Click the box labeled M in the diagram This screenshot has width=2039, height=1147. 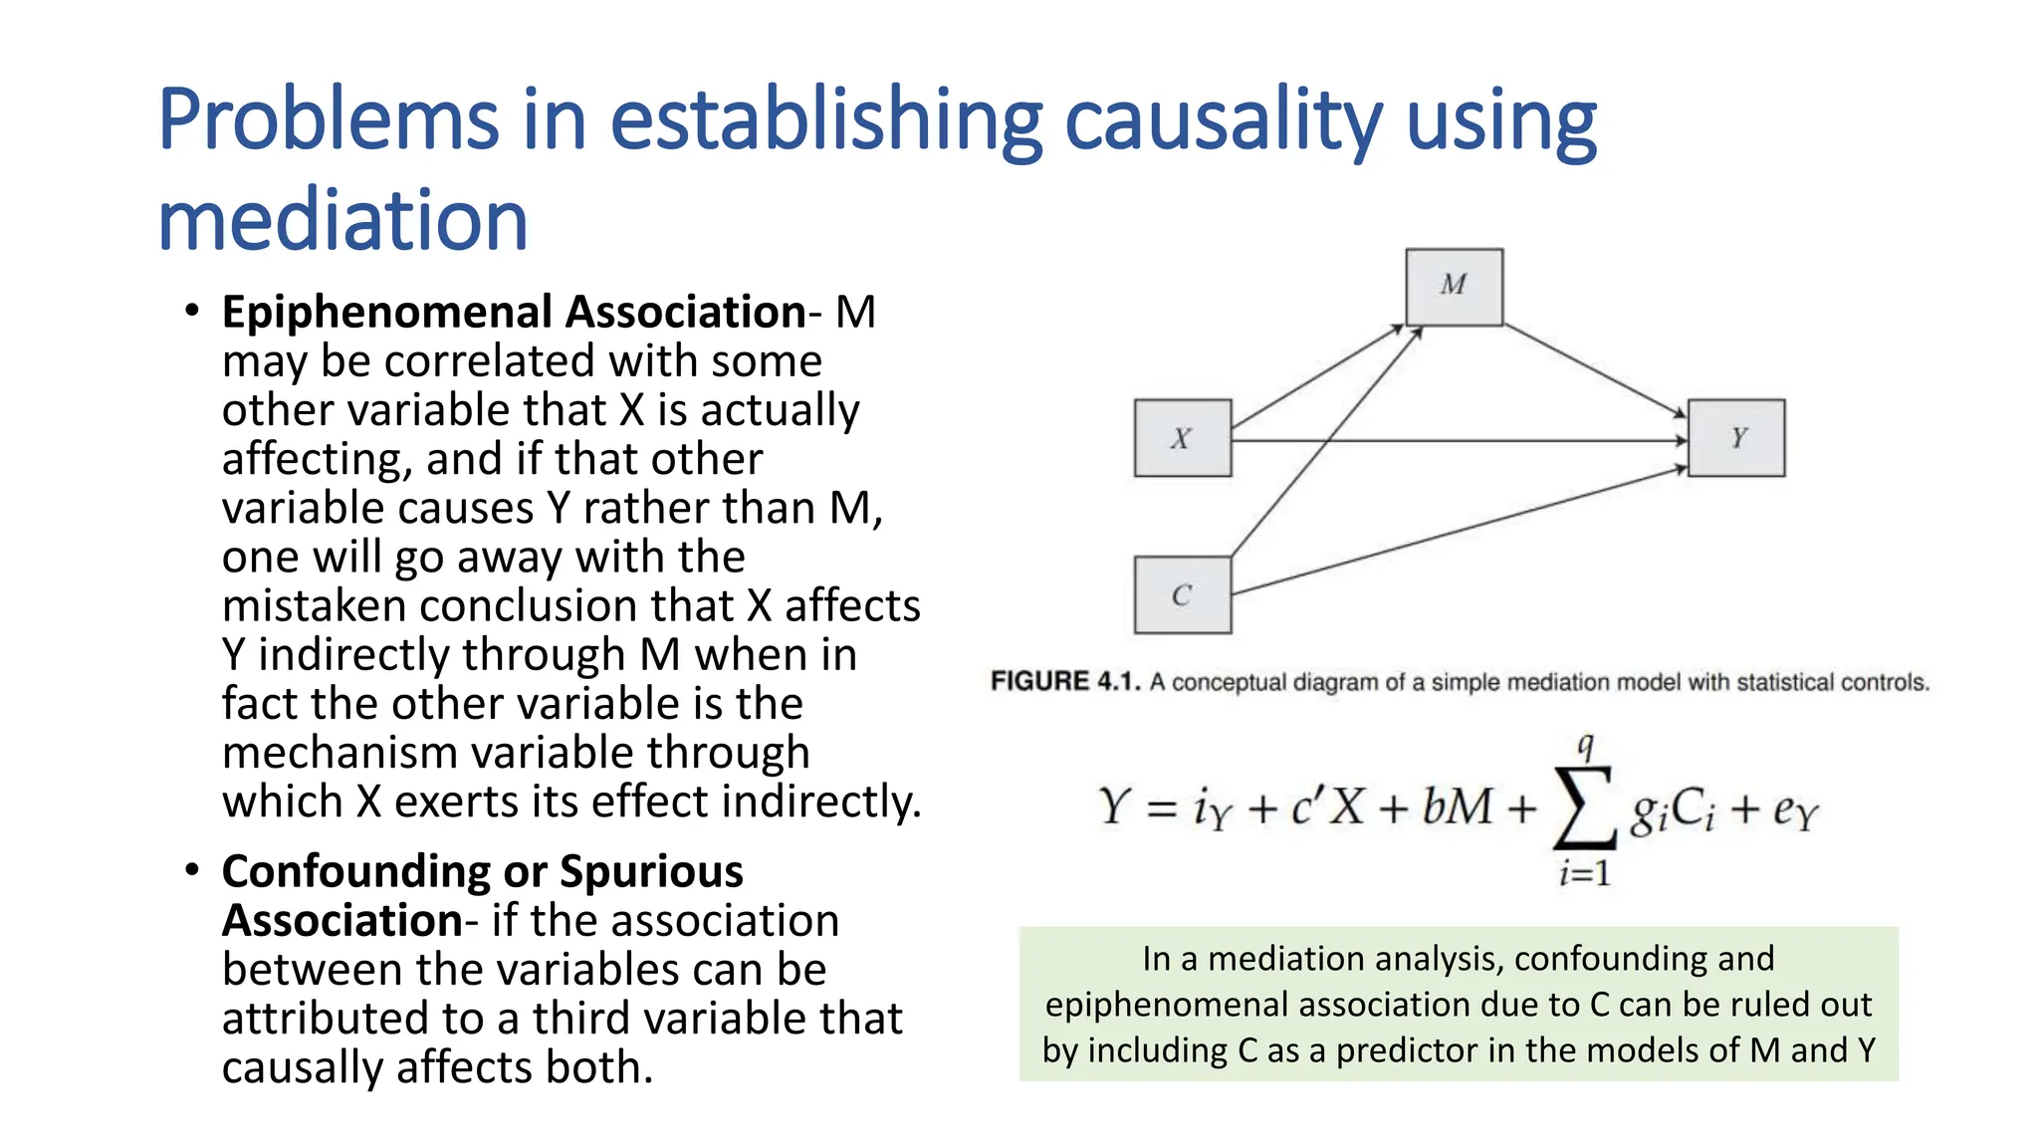pyautogui.click(x=1454, y=287)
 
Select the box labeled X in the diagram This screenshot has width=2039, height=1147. pyautogui.click(x=1182, y=438)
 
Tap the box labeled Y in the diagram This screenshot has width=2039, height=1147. pyautogui.click(x=1737, y=438)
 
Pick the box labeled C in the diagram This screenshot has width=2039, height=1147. pyautogui.click(x=1182, y=595)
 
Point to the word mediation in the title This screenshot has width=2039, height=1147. pyautogui.click(x=342, y=221)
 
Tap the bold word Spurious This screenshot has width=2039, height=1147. pyautogui.click(x=651, y=872)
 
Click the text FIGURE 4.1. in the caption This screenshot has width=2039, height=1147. pyautogui.click(x=1064, y=682)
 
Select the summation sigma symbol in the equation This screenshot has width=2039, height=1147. pyautogui.click(x=1583, y=808)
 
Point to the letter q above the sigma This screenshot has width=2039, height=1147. pyautogui.click(x=1585, y=746)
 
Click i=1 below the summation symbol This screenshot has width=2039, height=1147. pyautogui.click(x=1584, y=874)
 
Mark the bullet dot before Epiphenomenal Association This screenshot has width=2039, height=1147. pyautogui.click(x=192, y=311)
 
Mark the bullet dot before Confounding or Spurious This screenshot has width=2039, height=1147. pyautogui.click(x=192, y=870)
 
